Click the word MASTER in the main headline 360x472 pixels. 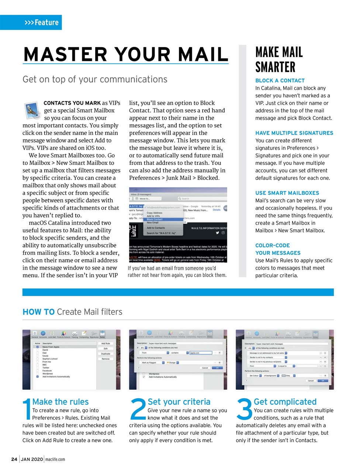pyautogui.click(x=65, y=54)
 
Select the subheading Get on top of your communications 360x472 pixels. pyautogui.click(x=95, y=79)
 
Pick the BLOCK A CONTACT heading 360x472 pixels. pyautogui.click(x=280, y=80)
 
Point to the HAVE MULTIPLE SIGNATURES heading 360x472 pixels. pyautogui.click(x=294, y=133)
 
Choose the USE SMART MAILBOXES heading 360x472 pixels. pyautogui.click(x=287, y=193)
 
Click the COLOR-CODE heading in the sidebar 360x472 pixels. pyautogui.click(x=273, y=245)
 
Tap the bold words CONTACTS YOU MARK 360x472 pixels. pyautogui.click(x=72, y=103)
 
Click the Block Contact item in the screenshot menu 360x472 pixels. pyautogui.click(x=155, y=219)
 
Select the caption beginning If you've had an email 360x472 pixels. pyautogui.click(x=177, y=272)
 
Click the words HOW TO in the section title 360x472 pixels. pyautogui.click(x=38, y=312)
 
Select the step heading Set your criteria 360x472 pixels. pyautogui.click(x=179, y=402)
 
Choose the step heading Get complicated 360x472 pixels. pyautogui.click(x=285, y=402)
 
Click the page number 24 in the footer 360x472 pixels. pyautogui.click(x=14, y=459)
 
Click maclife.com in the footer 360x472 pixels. pyautogui.click(x=55, y=459)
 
